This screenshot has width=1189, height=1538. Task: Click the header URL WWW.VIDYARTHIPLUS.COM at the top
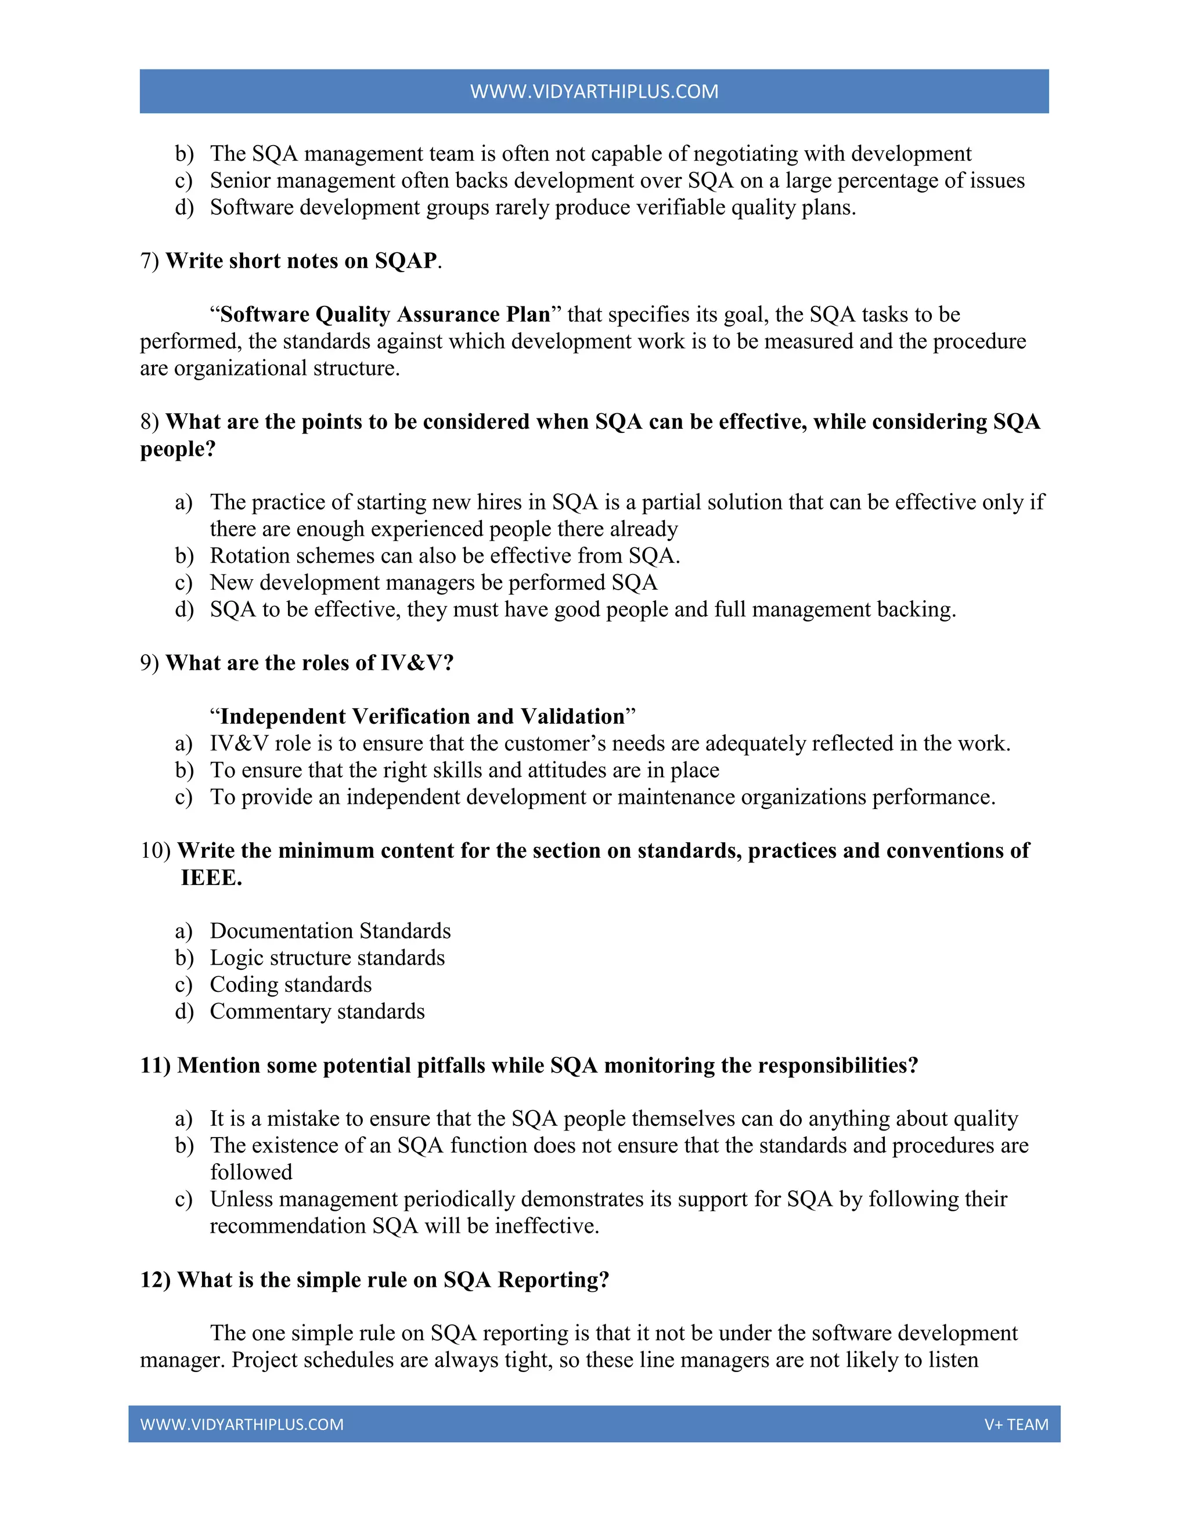tap(594, 92)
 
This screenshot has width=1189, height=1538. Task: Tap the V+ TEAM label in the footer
tap(1016, 1424)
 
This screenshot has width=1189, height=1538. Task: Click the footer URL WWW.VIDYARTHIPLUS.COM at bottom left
tap(242, 1424)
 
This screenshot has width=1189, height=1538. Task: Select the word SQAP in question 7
tap(406, 261)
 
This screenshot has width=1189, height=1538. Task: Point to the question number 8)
tap(150, 422)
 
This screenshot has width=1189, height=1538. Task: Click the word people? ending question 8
tap(178, 449)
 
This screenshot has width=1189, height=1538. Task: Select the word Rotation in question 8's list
tap(254, 557)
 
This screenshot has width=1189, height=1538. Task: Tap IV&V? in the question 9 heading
tap(417, 663)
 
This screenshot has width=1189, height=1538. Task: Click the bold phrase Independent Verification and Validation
tap(423, 717)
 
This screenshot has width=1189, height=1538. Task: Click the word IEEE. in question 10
tap(211, 878)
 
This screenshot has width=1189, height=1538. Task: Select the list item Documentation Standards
tap(330, 932)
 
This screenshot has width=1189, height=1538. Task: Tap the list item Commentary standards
tap(317, 1012)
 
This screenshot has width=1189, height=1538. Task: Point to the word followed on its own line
tap(251, 1172)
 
